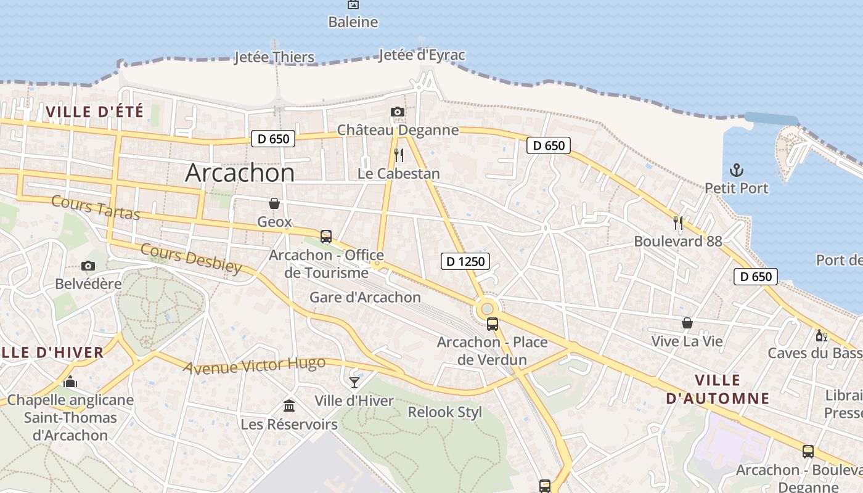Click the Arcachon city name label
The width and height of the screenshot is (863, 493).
(x=240, y=173)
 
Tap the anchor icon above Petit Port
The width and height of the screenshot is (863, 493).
(x=736, y=169)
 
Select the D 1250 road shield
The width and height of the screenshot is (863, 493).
(x=465, y=261)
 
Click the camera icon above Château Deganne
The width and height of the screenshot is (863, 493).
(x=398, y=112)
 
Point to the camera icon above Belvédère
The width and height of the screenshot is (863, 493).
(x=88, y=266)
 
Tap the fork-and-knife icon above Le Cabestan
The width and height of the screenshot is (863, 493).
(x=399, y=155)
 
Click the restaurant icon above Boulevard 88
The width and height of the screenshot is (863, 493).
(x=678, y=222)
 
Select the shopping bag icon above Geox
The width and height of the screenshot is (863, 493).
(x=274, y=203)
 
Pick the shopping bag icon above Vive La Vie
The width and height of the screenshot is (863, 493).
(x=687, y=323)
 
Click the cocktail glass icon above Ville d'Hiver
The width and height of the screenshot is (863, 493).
(x=354, y=382)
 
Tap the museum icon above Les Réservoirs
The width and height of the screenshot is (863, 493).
(x=288, y=405)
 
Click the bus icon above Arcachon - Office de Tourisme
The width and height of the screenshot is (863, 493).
(x=325, y=236)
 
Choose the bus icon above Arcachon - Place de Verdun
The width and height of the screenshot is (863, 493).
(x=492, y=324)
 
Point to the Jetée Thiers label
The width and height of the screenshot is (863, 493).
(x=274, y=57)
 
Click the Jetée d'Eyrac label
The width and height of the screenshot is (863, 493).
(x=422, y=55)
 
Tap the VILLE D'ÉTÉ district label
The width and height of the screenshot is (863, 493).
(x=94, y=112)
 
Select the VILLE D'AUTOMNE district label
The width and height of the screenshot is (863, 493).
(x=718, y=389)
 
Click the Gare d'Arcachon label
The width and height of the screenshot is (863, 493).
(x=365, y=297)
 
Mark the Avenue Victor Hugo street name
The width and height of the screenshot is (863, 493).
(x=254, y=365)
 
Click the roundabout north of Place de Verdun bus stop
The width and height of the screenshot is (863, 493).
(x=487, y=308)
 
